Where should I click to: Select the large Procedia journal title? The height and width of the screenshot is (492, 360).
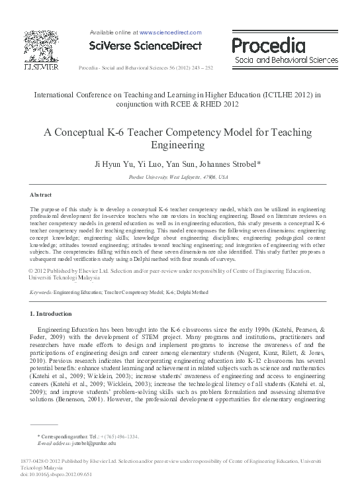point(268,45)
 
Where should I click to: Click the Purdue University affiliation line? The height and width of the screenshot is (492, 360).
point(179,177)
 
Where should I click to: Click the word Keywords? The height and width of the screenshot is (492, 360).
point(41,291)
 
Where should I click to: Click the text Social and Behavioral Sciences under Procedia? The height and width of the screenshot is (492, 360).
point(281,60)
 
